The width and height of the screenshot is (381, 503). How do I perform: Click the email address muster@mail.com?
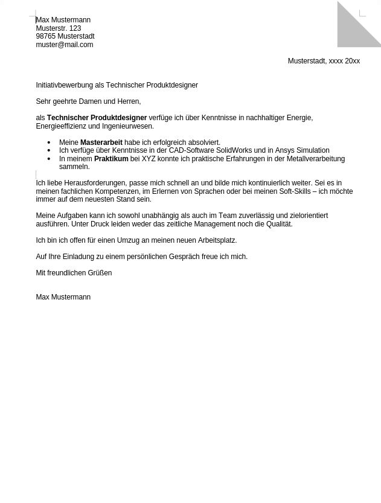[65, 45]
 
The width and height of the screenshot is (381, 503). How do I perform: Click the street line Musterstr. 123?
[59, 28]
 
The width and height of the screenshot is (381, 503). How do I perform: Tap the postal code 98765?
[46, 36]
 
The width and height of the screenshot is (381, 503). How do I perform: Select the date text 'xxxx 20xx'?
[344, 61]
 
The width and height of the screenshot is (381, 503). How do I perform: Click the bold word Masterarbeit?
[101, 143]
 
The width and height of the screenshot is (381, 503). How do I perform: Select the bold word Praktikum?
[111, 159]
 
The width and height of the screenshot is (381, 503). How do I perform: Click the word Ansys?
[284, 150]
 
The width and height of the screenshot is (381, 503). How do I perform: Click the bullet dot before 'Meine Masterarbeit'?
[49, 143]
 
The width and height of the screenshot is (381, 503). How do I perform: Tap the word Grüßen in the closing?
[100, 273]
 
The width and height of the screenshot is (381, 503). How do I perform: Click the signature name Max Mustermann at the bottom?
[63, 297]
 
